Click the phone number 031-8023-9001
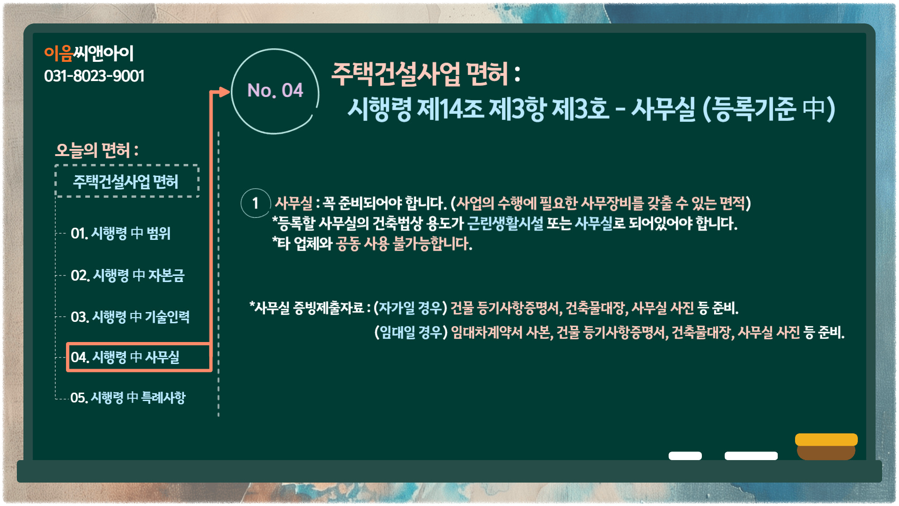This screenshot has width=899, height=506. click(x=94, y=76)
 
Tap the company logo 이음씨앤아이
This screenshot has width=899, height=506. click(x=89, y=53)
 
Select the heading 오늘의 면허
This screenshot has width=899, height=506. click(x=97, y=150)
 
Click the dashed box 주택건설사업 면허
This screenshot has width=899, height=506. click(x=127, y=181)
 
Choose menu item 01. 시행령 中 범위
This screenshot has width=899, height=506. click(x=120, y=233)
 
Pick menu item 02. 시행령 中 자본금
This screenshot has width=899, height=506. click(x=127, y=275)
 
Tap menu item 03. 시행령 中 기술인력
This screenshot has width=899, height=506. click(x=130, y=317)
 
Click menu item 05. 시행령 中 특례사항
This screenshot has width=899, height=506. click(x=128, y=398)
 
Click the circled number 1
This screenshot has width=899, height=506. click(x=256, y=203)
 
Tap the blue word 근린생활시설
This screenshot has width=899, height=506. click(x=506, y=223)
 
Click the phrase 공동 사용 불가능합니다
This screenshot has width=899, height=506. click(x=404, y=244)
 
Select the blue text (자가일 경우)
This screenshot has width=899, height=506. click(x=410, y=308)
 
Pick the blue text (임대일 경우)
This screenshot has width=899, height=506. click(x=411, y=332)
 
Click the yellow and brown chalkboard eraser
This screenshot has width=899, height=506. click(x=826, y=446)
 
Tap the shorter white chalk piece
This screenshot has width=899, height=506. click(x=685, y=456)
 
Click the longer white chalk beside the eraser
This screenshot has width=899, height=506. click(x=751, y=456)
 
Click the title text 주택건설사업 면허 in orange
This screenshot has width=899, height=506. click(x=420, y=74)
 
